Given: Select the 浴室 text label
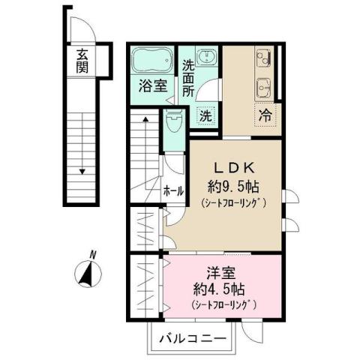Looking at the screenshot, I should click(152, 85).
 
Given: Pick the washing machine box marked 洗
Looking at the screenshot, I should click(205, 115).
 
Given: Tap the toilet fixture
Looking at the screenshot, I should click(174, 120).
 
